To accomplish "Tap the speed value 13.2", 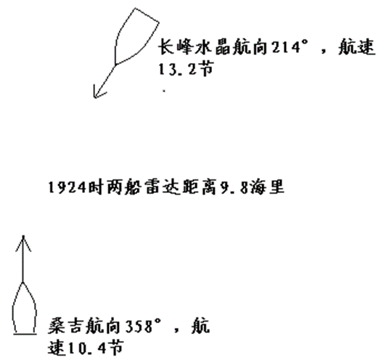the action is click(x=177, y=69).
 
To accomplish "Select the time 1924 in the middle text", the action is click(x=67, y=187).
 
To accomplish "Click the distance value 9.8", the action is click(x=234, y=187).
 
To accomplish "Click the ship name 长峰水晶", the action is click(x=194, y=46).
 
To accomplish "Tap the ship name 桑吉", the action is click(x=66, y=326).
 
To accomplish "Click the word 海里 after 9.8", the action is click(x=267, y=187).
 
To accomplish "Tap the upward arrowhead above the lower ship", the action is click(x=23, y=242).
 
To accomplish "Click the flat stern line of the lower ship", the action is click(x=25, y=334).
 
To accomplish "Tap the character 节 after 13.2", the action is click(x=205, y=69).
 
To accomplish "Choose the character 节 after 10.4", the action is click(x=115, y=347).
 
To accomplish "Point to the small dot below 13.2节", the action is click(x=164, y=91).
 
